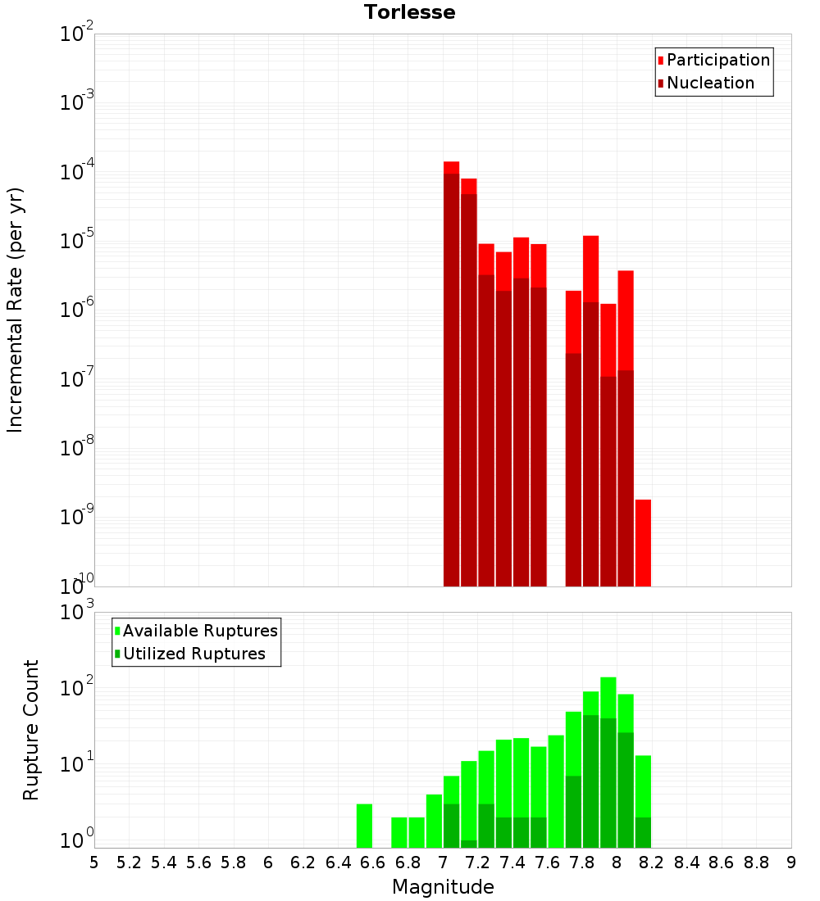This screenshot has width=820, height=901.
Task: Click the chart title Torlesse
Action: (409, 12)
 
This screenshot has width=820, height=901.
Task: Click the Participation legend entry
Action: (717, 60)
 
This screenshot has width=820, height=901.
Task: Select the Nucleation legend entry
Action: (709, 83)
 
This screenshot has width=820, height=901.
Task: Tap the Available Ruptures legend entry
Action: (199, 631)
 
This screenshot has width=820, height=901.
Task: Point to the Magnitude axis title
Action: (443, 887)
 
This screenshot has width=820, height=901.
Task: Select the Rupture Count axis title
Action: (31, 730)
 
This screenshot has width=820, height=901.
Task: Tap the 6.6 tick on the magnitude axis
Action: (373, 863)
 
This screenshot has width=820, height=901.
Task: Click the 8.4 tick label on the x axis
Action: (686, 863)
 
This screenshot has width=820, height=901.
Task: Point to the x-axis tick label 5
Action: (94, 863)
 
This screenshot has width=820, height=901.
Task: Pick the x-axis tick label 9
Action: (791, 863)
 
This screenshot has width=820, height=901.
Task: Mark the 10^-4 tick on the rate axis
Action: (76, 173)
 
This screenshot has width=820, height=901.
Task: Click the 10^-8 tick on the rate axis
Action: (76, 449)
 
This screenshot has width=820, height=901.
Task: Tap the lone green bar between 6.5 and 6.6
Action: (364, 826)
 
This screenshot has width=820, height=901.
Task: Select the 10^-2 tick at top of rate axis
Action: (76, 34)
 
